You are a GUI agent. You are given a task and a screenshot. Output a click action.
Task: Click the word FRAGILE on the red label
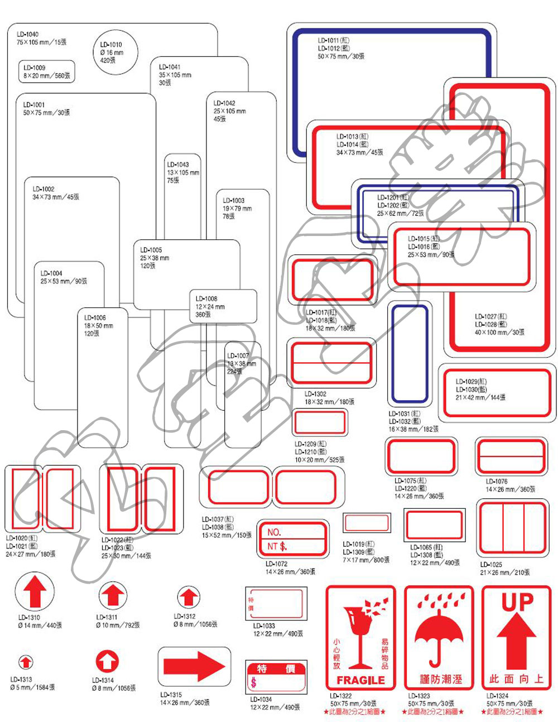point(360,680)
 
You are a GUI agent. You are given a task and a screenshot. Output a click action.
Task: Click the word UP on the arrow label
point(517,603)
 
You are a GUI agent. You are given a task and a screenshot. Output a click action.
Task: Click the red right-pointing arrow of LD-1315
point(194,666)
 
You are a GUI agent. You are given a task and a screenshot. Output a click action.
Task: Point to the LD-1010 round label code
point(111,45)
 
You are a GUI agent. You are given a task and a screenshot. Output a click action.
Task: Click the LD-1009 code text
point(35,68)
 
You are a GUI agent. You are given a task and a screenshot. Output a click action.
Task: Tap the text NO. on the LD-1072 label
point(274,532)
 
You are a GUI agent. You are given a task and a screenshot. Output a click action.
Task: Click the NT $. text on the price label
point(277,546)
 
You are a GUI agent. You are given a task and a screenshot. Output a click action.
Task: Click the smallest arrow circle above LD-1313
point(25,662)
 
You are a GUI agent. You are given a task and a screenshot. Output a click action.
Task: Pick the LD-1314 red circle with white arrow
point(107,662)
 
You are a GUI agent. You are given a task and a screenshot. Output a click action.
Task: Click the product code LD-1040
point(28,34)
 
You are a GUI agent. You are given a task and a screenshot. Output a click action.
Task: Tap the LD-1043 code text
point(178,165)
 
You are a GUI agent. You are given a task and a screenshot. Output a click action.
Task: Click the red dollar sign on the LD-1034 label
point(254,682)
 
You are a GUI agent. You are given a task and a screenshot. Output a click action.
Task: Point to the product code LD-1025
point(491,565)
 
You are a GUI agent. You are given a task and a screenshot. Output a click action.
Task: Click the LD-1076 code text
point(497,481)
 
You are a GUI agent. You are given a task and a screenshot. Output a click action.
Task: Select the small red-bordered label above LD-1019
point(366,523)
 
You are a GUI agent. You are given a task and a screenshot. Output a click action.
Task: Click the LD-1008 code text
point(206,299)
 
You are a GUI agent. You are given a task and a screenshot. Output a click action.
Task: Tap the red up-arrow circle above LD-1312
point(189,597)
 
